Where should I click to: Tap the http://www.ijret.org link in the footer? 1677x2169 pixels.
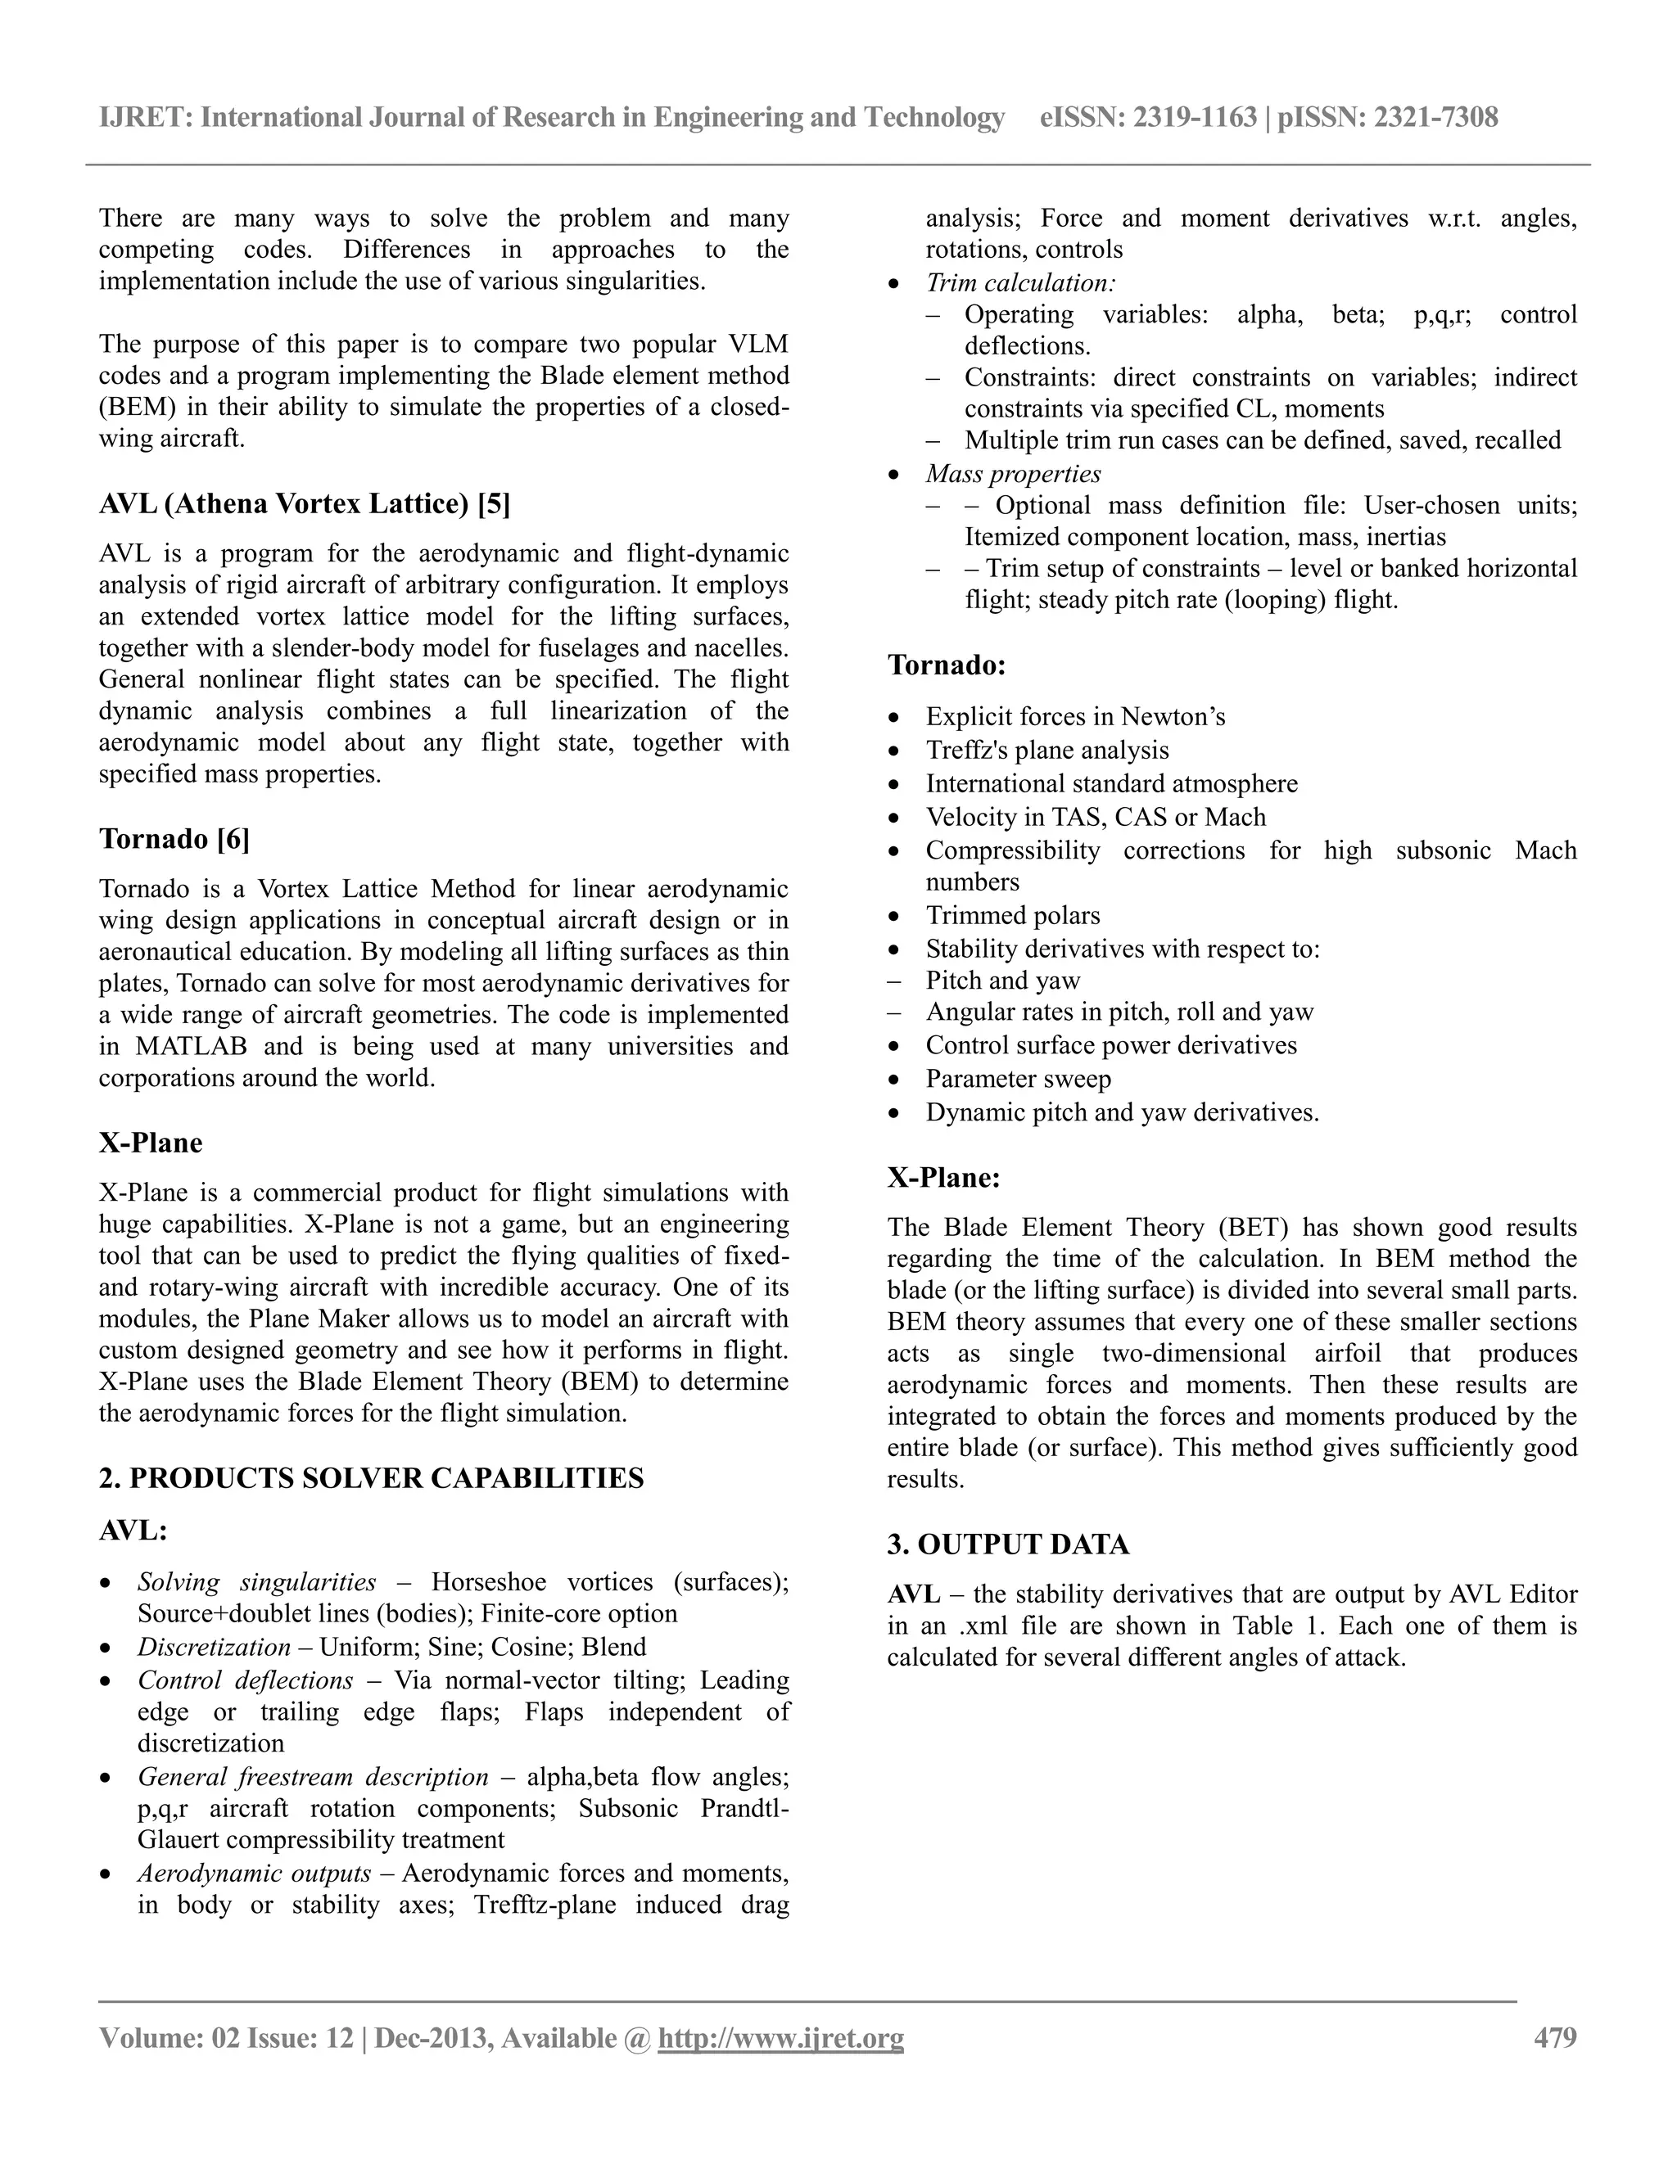781,2039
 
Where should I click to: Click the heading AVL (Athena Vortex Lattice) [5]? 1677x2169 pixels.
304,504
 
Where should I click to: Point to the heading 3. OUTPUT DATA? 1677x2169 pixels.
1008,1544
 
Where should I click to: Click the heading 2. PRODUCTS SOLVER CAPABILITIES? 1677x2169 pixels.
372,1479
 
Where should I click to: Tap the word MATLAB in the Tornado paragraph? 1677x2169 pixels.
186,1047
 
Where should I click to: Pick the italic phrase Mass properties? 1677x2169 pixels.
1014,474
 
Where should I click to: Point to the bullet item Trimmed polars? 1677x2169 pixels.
1012,916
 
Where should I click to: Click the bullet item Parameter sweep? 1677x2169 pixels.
1019,1079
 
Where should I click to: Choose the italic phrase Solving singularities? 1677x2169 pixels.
256,1582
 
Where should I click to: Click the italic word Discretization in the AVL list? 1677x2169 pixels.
214,1648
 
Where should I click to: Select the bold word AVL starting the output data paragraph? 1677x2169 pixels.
913,1595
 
